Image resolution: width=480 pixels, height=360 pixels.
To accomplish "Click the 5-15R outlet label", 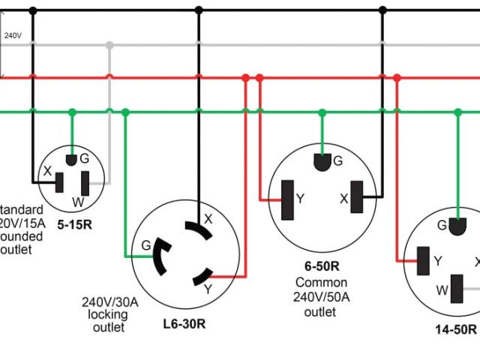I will tap(73, 223).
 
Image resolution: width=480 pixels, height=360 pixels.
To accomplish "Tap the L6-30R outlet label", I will tap(184, 325).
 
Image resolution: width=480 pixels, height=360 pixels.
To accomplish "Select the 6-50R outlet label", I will tap(321, 265).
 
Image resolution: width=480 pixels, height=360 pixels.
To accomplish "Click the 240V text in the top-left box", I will tap(12, 35).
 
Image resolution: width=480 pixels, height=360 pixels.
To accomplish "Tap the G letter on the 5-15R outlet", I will tap(84, 158).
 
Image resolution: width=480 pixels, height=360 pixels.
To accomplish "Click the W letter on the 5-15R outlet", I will tap(78, 201).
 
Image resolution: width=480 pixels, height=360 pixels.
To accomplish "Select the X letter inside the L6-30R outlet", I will tap(208, 219).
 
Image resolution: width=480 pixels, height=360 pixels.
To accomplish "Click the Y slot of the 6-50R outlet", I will tap(286, 200).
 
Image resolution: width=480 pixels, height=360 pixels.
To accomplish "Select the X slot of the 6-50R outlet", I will tap(367, 199).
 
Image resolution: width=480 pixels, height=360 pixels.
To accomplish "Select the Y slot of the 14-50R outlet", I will tap(424, 259).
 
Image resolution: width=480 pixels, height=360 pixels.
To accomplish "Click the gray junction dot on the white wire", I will tap(109, 45).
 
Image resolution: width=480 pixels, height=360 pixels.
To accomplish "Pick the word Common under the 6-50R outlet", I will tap(321, 283).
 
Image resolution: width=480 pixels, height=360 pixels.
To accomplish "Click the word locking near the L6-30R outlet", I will tap(109, 315).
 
